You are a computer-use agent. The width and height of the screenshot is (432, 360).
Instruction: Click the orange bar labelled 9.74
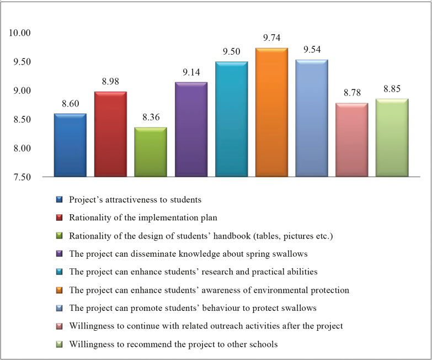tap(271, 112)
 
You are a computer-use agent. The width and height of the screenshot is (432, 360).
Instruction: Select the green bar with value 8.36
tap(151, 152)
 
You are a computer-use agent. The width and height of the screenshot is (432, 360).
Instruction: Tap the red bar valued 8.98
tap(110, 134)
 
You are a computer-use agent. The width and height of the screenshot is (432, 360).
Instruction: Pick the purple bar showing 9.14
tap(191, 129)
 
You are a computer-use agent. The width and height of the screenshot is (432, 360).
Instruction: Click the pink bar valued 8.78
tap(352, 140)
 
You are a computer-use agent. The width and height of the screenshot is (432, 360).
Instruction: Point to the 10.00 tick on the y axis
tap(19, 33)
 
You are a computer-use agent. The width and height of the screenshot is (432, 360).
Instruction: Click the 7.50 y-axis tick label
tap(22, 177)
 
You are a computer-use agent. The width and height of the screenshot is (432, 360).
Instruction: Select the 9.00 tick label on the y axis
tap(22, 91)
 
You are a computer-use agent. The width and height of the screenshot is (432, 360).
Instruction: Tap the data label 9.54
tap(312, 50)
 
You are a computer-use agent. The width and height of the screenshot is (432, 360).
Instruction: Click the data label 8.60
tap(71, 104)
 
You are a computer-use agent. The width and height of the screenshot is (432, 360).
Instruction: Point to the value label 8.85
tap(392, 89)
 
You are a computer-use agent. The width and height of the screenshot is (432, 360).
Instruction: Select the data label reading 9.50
tap(231, 51)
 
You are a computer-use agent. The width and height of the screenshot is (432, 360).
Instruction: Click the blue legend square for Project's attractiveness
tap(59, 199)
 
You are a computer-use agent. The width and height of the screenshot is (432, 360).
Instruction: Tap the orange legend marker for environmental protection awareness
tap(59, 290)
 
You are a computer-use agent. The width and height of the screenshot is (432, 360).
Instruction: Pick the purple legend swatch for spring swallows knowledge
tap(59, 253)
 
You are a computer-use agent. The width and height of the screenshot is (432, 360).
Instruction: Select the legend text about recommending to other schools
tap(173, 344)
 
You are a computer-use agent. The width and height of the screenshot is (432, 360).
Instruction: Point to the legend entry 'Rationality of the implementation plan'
tap(143, 218)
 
